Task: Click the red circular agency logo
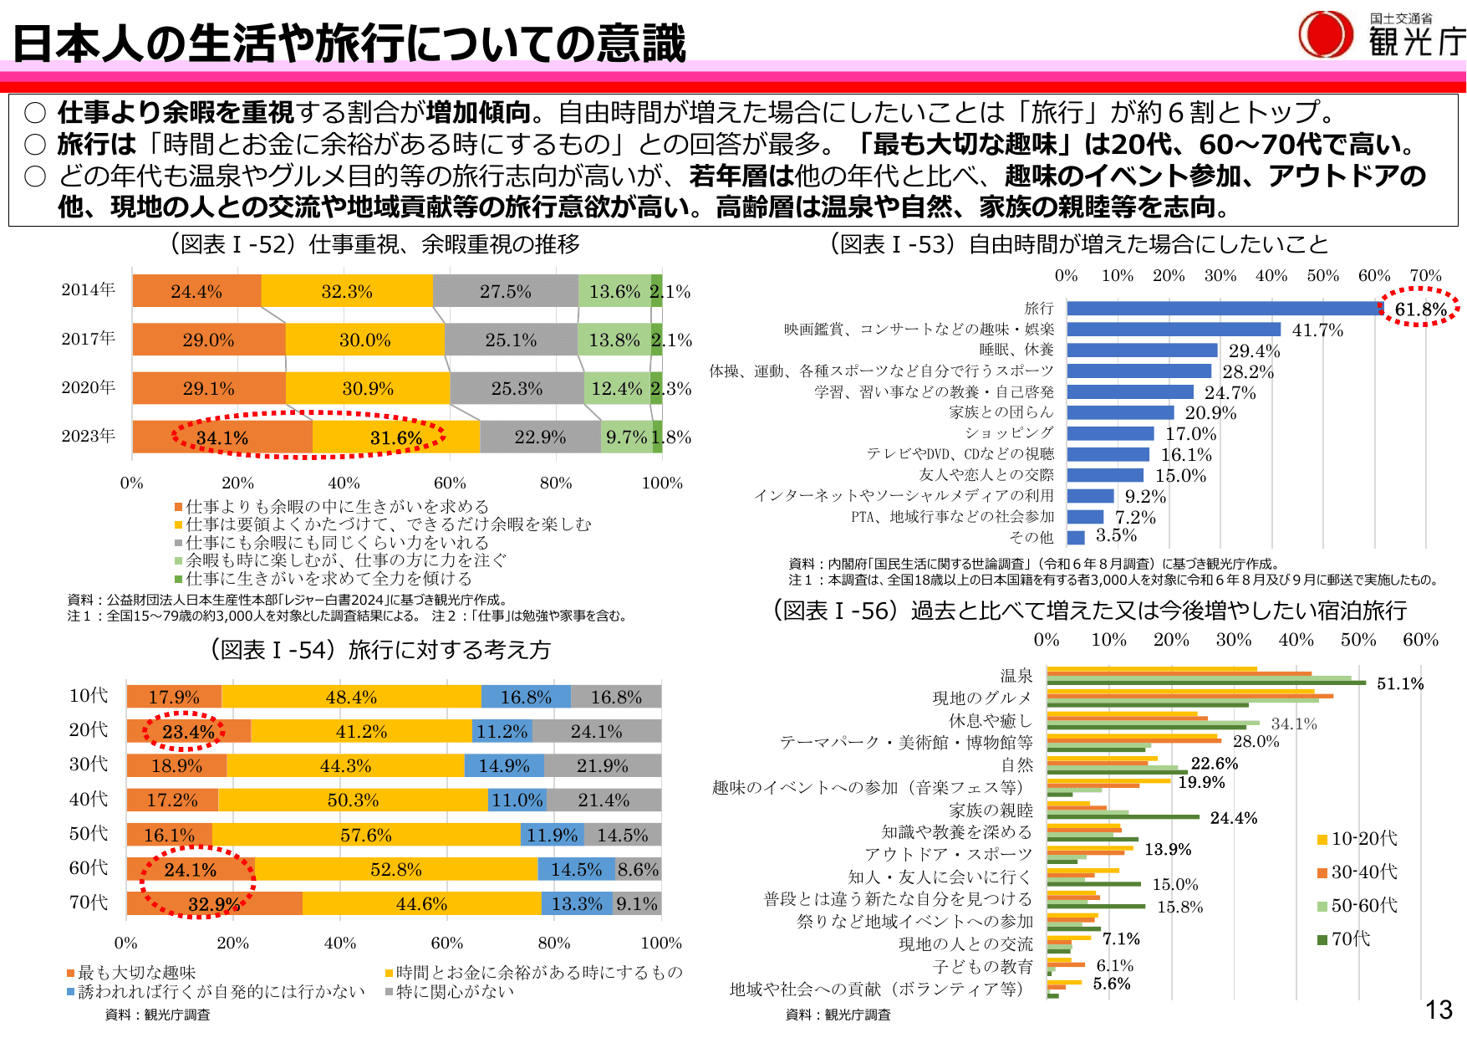[1325, 34]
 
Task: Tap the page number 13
[1439, 1010]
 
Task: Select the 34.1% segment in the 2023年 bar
[222, 437]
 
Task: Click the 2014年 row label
[88, 290]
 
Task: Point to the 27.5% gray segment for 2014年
[505, 291]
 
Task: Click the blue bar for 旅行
[1220, 309]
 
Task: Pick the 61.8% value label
[1420, 309]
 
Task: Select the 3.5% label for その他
[1116, 535]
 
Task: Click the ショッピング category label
[1009, 432]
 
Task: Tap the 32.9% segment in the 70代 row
[214, 904]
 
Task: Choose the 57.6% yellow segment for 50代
[366, 835]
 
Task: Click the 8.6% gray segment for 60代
[638, 869]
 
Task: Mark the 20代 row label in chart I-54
[88, 730]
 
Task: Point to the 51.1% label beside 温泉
[1400, 684]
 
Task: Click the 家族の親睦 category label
[991, 810]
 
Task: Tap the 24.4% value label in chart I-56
[1233, 818]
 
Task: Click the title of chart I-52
[374, 244]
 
